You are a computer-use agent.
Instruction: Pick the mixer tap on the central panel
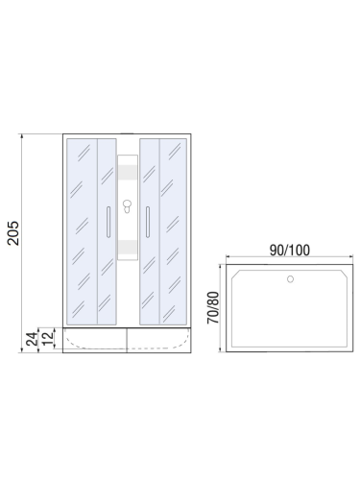(x=127, y=208)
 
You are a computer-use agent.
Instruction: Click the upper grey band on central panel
(x=127, y=173)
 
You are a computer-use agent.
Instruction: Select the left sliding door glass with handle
(x=105, y=230)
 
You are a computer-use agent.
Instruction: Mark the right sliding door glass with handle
(x=150, y=230)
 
